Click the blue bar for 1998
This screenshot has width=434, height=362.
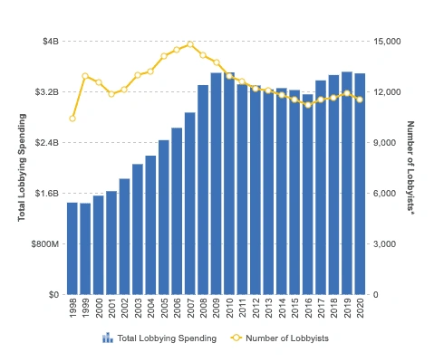[72, 249]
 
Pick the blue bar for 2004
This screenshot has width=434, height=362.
[150, 225]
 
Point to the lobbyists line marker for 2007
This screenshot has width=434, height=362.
[190, 43]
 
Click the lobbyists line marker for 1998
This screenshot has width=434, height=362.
[72, 119]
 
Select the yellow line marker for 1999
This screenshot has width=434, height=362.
[85, 77]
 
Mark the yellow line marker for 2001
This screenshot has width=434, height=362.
[111, 94]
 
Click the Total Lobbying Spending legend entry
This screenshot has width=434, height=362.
[159, 338]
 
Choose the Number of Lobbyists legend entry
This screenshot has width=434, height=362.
[279, 338]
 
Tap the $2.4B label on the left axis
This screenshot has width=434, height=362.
[46, 143]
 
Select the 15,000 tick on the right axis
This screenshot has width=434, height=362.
[388, 42]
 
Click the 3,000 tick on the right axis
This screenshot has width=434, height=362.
[385, 244]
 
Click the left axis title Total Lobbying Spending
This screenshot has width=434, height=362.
[22, 167]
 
